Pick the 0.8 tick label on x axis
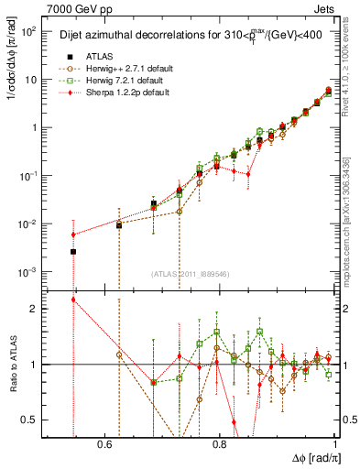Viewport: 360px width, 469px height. [x=220, y=444]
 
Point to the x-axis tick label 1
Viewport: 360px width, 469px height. [x=336, y=444]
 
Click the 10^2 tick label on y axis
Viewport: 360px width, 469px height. [x=31, y=31]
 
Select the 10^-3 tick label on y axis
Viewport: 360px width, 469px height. [x=31, y=272]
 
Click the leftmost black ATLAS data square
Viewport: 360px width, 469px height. [x=73, y=251]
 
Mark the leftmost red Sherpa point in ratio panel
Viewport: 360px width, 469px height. [x=73, y=300]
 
